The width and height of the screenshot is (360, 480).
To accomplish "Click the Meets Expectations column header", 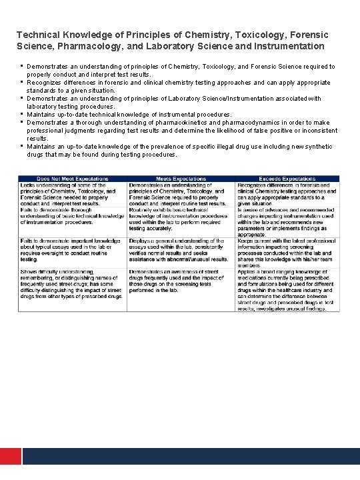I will pos(181,179).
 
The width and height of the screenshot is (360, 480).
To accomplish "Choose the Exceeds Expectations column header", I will pos(287,179).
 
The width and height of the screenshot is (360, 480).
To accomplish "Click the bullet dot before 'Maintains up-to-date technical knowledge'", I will pos(22,113).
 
